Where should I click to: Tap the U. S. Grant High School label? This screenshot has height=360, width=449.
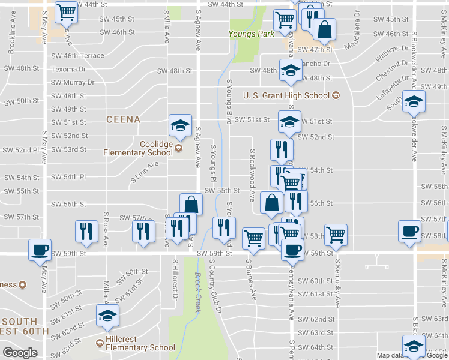(x=286, y=95)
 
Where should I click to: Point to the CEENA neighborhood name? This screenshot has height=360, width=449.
(x=123, y=119)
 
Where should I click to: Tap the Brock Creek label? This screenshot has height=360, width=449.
(x=199, y=292)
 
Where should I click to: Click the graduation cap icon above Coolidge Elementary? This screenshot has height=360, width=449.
(x=180, y=125)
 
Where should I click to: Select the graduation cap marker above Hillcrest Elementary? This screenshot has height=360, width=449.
(x=108, y=316)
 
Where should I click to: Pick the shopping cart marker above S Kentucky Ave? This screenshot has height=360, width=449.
(x=336, y=234)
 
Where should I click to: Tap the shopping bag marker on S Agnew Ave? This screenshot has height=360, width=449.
(x=191, y=204)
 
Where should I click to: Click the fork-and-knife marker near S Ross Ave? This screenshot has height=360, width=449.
(x=86, y=232)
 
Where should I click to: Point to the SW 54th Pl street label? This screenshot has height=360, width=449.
(x=68, y=178)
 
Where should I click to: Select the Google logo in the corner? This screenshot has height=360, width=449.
(x=20, y=353)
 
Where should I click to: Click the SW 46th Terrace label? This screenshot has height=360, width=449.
(x=77, y=56)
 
